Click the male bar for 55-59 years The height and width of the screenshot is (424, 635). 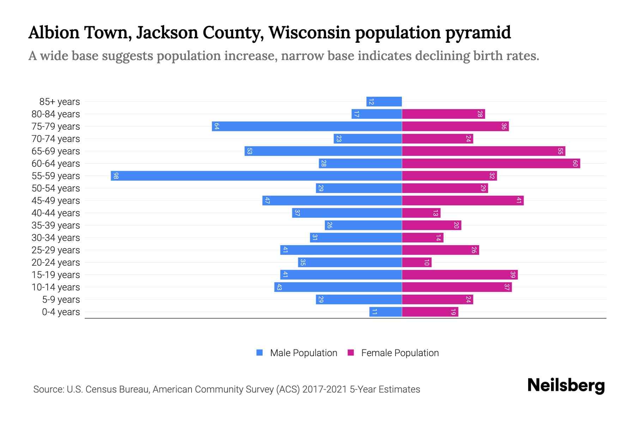click(x=256, y=176)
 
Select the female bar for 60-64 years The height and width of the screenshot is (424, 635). click(x=491, y=163)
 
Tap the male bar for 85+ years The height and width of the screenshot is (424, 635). click(x=384, y=101)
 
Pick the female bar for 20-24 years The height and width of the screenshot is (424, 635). click(x=416, y=262)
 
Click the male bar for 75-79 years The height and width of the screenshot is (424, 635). click(x=307, y=126)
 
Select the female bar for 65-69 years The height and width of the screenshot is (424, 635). click(x=483, y=151)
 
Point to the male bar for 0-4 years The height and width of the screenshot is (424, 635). click(x=385, y=312)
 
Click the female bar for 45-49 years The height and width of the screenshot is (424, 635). click(x=462, y=200)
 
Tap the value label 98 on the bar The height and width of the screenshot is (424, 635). click(x=116, y=176)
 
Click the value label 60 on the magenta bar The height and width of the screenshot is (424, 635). click(x=575, y=163)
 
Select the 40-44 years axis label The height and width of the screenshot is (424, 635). click(x=56, y=213)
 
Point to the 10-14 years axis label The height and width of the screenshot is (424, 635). click(x=56, y=287)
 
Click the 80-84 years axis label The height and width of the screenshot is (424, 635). click(x=56, y=114)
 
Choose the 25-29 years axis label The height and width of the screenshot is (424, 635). click(x=56, y=250)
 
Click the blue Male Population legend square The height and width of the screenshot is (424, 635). click(x=260, y=353)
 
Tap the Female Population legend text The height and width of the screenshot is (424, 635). click(x=400, y=353)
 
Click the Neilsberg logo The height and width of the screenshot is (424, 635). click(x=566, y=385)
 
